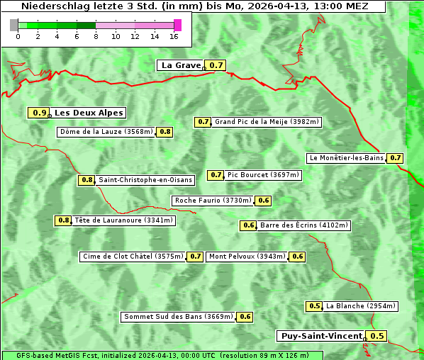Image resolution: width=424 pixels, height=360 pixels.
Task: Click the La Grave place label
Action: (x=181, y=65)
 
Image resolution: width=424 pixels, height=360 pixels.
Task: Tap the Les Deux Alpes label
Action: (x=89, y=113)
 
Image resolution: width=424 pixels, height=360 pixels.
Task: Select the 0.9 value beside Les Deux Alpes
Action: (x=40, y=113)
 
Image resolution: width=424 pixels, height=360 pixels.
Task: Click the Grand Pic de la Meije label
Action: (x=267, y=122)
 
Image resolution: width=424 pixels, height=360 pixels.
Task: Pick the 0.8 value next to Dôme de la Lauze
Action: (x=164, y=132)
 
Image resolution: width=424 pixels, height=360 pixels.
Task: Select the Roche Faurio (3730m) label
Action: (x=213, y=201)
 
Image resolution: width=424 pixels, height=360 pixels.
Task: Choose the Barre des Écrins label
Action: (x=304, y=225)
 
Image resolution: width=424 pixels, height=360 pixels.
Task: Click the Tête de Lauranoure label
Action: (x=123, y=220)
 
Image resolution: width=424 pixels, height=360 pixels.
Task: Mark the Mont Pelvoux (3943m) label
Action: (x=247, y=257)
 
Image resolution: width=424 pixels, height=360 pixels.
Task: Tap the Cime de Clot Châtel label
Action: (x=133, y=257)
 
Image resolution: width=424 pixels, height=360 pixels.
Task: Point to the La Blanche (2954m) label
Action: (x=360, y=306)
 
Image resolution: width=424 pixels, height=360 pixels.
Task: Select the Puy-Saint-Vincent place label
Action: (x=320, y=336)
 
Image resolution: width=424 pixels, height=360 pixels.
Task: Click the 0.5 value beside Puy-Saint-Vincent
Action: (x=377, y=336)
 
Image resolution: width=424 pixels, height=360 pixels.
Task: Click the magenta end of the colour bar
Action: (x=177, y=26)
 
